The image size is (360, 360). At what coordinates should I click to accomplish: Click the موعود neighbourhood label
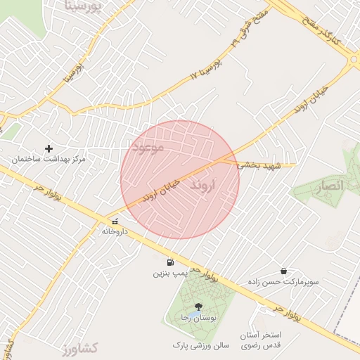(147, 148)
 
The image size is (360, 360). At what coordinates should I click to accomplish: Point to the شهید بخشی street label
(258, 165)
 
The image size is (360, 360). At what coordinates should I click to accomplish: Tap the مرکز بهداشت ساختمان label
(48, 160)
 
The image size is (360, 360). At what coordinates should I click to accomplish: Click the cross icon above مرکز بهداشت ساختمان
(49, 148)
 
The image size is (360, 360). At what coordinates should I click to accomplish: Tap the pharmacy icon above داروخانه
(115, 221)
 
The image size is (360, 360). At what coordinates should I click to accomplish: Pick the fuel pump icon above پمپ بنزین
(169, 263)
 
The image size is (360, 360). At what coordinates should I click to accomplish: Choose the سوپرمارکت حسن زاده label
(283, 281)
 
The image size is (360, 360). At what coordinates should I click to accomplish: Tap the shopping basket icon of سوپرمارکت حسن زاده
(283, 271)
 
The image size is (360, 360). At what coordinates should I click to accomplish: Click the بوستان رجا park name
(198, 318)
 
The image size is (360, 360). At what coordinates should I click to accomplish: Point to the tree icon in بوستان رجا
(198, 307)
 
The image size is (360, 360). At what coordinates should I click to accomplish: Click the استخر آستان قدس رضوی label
(261, 340)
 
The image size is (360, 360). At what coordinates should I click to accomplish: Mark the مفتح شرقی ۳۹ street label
(242, 32)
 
